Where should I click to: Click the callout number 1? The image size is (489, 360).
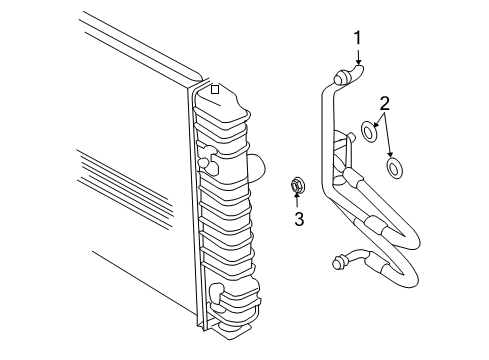[356, 38]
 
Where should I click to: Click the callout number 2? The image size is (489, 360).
[384, 103]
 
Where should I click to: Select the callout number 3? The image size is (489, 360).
[297, 219]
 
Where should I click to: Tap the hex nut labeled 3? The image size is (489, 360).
[296, 183]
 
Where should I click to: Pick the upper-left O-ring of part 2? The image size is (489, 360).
[367, 130]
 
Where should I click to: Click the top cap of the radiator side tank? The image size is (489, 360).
[225, 100]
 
